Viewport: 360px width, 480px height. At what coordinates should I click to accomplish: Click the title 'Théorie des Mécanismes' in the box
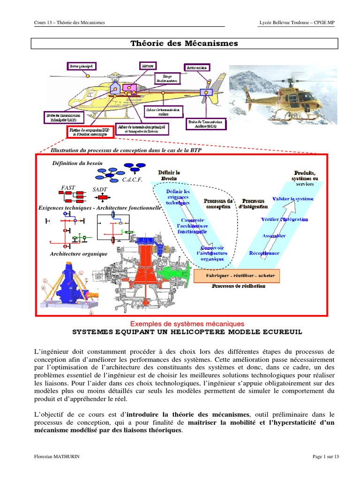point(184,44)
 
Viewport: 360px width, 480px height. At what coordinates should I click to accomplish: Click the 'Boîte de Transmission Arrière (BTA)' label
point(206,123)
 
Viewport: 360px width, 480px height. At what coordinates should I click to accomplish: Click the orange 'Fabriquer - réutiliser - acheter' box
point(237,276)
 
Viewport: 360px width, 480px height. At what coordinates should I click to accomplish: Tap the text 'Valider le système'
point(292,199)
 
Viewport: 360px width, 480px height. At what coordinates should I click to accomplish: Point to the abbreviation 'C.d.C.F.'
point(133,180)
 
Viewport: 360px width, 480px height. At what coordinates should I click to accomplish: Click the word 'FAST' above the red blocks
point(68,187)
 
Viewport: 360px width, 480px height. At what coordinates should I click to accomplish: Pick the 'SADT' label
point(100,189)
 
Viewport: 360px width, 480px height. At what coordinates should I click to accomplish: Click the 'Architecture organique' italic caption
point(79,254)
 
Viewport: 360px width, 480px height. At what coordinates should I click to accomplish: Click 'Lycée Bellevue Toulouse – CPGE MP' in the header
point(297,22)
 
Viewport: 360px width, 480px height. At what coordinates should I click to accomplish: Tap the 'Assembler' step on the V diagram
point(274,236)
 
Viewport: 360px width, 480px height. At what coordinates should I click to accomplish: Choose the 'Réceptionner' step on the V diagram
point(264,253)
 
